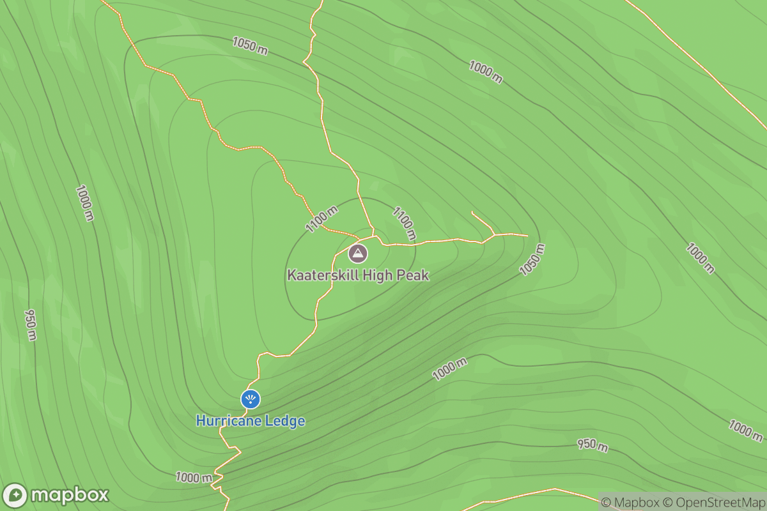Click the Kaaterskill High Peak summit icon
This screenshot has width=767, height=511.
358,254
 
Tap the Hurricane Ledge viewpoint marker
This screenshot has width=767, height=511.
251,400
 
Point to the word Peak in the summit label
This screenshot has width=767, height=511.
414,276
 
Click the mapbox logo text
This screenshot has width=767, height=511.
69,496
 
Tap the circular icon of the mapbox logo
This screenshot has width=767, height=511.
15,496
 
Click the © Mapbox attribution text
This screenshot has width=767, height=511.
630,502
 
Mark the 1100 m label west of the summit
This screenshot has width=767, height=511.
322,219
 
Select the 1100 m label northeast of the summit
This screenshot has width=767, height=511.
404,223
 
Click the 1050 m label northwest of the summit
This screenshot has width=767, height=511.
249,45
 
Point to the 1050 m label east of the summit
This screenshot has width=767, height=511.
532,260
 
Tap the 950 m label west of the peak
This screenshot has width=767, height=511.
30,325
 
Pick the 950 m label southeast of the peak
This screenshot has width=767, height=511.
593,445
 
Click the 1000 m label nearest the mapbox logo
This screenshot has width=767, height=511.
194,478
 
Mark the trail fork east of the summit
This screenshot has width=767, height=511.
493,235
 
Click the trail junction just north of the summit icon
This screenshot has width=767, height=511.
374,235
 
